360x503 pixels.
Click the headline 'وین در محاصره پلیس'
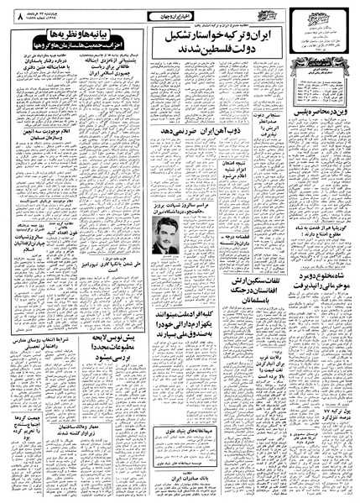(311, 156)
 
